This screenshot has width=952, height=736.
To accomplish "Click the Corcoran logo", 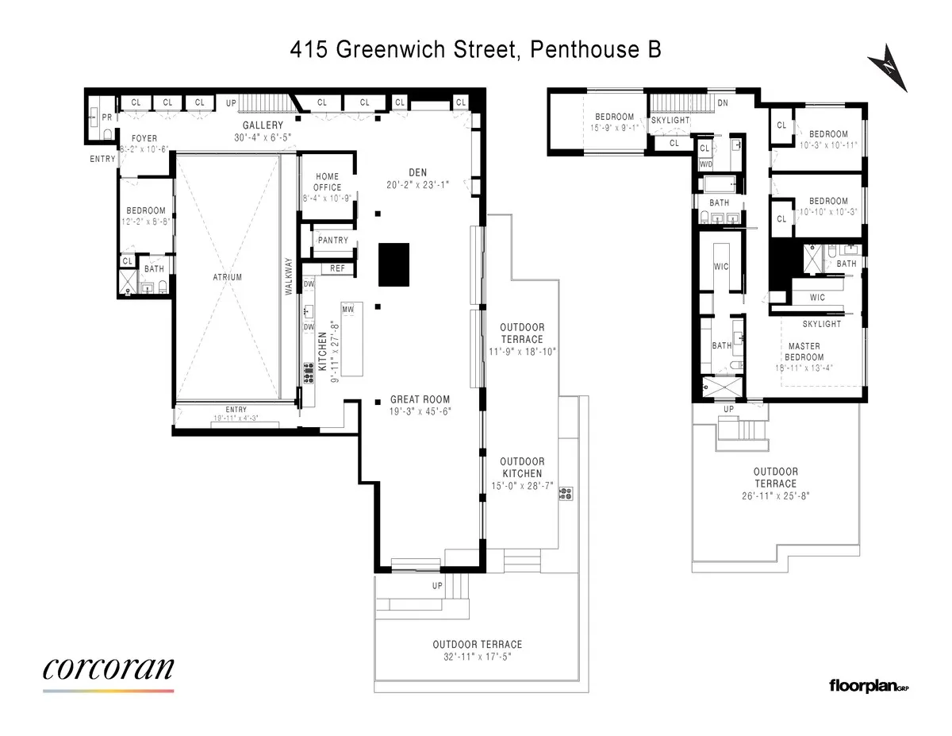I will click(108, 669).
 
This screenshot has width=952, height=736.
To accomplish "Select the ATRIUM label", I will click(227, 277).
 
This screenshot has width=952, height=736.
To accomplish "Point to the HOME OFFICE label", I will click(327, 182).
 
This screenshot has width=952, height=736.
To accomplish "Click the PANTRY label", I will click(333, 241).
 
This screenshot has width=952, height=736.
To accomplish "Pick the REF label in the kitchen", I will click(337, 268).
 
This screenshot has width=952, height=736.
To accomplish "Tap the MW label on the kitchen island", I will click(347, 308).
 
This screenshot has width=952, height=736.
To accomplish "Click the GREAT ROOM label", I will click(420, 399).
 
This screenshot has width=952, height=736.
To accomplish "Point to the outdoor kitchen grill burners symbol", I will click(566, 494).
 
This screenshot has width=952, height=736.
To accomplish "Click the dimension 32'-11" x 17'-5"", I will click(477, 657).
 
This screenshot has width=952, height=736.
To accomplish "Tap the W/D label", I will click(705, 164).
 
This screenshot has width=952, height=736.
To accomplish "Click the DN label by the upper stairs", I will click(722, 103).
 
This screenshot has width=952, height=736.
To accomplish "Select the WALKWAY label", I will click(289, 277).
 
